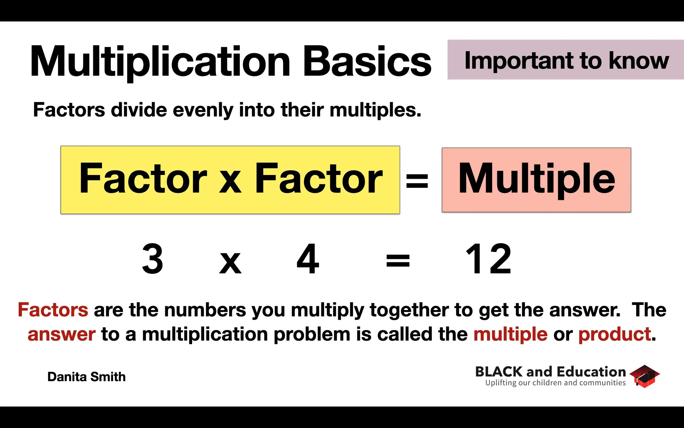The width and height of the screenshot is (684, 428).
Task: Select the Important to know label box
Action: click(x=566, y=60)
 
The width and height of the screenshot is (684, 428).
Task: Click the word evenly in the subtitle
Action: click(x=203, y=110)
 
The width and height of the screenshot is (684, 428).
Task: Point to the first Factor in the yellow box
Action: click(x=143, y=179)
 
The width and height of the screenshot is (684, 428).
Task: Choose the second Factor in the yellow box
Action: click(x=318, y=179)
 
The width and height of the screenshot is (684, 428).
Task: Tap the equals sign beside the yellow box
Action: click(x=417, y=181)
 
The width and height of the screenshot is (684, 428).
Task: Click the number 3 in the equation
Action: click(x=152, y=259)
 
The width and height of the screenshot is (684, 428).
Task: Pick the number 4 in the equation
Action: click(x=308, y=259)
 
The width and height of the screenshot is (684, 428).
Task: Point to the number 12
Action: click(x=488, y=259)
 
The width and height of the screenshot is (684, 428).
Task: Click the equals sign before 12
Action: click(x=398, y=261)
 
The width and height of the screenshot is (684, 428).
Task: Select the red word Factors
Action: click(x=53, y=310)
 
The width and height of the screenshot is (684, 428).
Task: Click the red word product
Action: click(x=615, y=334)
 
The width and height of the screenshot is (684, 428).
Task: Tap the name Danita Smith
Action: click(x=86, y=377)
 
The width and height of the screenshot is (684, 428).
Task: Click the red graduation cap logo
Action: click(x=644, y=376)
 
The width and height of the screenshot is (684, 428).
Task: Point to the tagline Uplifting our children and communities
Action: click(x=555, y=383)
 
